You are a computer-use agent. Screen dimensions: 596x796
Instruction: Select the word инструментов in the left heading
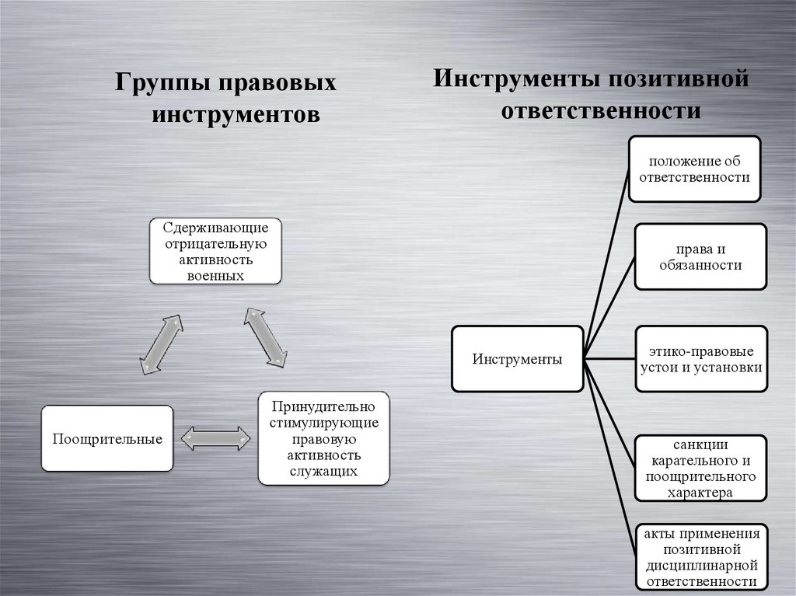coord(235,114)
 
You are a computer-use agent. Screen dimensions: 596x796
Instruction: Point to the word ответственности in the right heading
coord(601,110)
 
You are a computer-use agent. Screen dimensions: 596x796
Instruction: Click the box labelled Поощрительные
coord(107,439)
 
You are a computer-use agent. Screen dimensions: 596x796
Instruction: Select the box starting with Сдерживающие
coord(215,251)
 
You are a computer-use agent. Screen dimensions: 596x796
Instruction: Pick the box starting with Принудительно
coord(323,438)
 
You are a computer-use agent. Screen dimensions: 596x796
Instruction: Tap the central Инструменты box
coord(517,359)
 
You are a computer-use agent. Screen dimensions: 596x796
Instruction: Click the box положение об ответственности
coord(694,169)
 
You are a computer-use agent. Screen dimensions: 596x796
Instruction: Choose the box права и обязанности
coord(700,257)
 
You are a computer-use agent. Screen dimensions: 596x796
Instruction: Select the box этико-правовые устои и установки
coord(700,359)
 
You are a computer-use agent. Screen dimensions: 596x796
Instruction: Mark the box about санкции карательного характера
coord(700,469)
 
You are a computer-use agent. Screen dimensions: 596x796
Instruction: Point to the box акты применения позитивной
coord(700,556)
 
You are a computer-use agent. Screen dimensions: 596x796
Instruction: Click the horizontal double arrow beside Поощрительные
coord(215,439)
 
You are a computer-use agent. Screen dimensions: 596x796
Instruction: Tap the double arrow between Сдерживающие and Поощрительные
coord(162,343)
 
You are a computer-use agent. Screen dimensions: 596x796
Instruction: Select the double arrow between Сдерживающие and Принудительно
coord(266,336)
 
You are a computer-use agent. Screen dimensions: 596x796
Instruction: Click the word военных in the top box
coord(215,275)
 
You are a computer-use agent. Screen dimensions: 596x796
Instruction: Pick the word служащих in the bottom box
coord(323,472)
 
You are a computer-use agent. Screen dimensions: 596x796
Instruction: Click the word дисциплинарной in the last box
coord(700,566)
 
